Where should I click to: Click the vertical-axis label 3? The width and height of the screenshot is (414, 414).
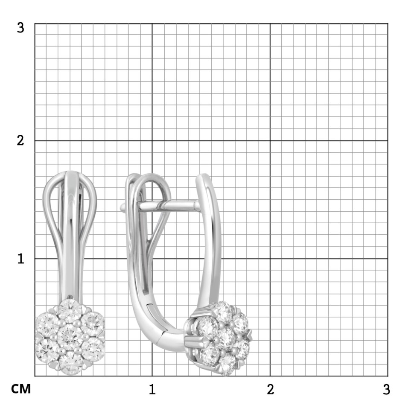point(20,28)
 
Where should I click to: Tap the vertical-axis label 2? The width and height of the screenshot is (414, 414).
point(20,140)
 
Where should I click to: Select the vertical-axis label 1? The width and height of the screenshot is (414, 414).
point(20,259)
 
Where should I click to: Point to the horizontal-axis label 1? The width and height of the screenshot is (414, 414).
point(152,389)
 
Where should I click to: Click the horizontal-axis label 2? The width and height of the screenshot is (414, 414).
point(270,389)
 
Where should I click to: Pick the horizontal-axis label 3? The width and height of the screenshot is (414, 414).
point(386,389)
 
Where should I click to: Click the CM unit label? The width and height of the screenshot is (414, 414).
point(21,389)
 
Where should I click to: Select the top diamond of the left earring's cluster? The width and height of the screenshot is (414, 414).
point(70,311)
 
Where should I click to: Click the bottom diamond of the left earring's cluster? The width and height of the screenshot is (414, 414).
point(70,362)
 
